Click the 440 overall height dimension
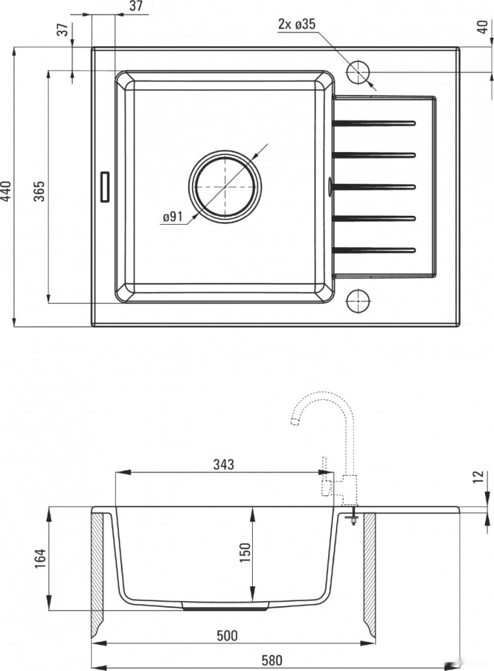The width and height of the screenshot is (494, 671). click(x=6, y=191)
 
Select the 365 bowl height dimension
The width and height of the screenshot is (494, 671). click(x=39, y=192)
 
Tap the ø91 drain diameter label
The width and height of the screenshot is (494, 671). click(x=173, y=217)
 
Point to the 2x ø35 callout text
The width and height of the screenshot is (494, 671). click(x=297, y=24)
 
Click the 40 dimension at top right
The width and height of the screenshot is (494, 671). click(x=482, y=28)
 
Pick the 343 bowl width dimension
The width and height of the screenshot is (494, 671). click(x=224, y=464)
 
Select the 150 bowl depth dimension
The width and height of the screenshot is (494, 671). click(x=245, y=553)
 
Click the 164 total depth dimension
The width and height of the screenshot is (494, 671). click(x=40, y=558)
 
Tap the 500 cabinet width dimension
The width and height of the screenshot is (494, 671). click(x=227, y=636)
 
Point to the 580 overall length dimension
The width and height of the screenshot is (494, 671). click(x=272, y=661)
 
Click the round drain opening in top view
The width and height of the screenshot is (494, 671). click(x=225, y=187)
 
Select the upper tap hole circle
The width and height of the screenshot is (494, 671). click(x=358, y=73)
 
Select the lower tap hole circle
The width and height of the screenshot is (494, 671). click(x=358, y=300)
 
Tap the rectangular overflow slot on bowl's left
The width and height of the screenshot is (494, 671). click(x=105, y=187)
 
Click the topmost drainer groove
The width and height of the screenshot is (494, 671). click(x=374, y=123)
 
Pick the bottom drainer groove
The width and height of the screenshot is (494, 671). click(x=374, y=250)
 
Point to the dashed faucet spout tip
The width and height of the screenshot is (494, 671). click(x=294, y=421)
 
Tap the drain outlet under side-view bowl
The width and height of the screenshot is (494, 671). click(x=225, y=605)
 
